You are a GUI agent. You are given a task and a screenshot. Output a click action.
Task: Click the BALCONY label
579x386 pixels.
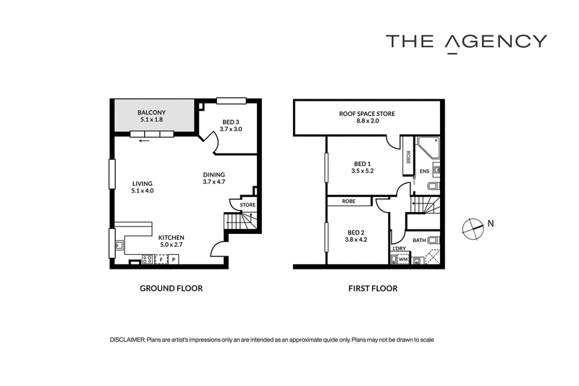[x=151, y=112]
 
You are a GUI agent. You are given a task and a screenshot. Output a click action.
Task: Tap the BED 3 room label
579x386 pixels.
[x=231, y=122]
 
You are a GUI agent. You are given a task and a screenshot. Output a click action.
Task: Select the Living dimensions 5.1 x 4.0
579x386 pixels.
[x=142, y=191]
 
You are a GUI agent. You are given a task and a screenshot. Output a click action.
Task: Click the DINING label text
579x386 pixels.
[x=214, y=175]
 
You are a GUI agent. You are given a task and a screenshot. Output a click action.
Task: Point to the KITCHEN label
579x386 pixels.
[x=172, y=238]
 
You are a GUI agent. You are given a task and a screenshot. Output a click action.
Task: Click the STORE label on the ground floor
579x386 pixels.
[x=248, y=205]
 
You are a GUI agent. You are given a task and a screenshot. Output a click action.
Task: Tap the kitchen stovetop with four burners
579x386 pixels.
[x=148, y=259]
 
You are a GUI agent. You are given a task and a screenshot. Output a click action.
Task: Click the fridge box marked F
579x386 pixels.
[x=161, y=259]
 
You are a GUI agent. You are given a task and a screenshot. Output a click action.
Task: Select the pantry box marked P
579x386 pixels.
[x=173, y=259]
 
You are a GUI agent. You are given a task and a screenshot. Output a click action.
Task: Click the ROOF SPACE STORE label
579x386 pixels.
[x=367, y=114]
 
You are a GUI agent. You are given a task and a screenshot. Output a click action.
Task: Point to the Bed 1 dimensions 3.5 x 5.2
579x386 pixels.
[x=363, y=171]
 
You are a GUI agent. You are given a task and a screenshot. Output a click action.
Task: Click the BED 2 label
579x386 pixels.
[x=356, y=232]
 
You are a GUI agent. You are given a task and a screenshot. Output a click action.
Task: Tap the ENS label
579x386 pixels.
[x=425, y=172]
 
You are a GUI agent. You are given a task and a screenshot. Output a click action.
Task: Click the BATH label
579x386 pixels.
[x=419, y=240]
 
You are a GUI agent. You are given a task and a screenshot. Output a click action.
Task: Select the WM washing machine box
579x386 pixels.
[x=403, y=260]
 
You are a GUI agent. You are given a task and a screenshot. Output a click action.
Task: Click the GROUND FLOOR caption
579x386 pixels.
[x=172, y=288]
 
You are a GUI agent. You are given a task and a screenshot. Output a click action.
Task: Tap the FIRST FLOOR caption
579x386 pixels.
[x=373, y=288]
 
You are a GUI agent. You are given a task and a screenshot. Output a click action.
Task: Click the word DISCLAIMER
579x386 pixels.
[x=127, y=340]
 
